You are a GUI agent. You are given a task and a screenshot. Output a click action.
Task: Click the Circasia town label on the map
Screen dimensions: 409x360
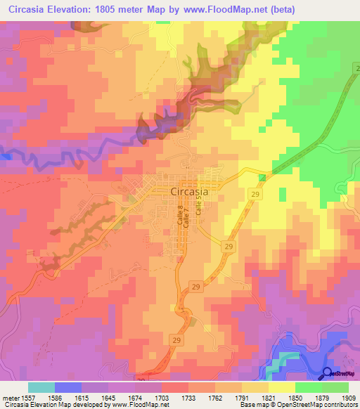[x=193, y=193]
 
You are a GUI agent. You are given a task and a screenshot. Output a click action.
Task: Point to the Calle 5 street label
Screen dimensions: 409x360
[x=199, y=205]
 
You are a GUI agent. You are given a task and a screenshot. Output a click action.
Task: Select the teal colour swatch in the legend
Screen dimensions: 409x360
[x=41, y=387]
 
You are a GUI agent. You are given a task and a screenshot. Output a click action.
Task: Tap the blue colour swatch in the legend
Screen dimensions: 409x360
[x=67, y=387]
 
